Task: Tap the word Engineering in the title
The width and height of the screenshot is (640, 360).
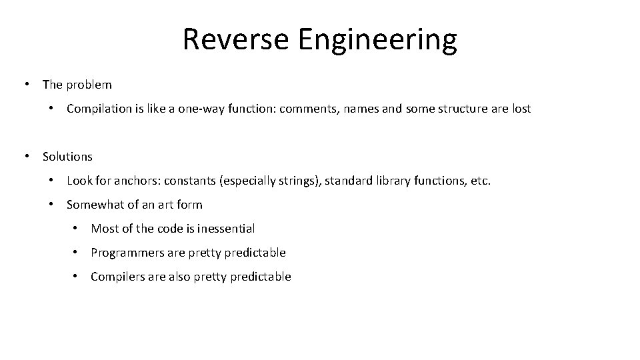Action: (377, 41)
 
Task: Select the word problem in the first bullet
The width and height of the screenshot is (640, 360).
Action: (89, 85)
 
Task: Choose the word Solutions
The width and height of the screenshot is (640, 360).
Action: (67, 157)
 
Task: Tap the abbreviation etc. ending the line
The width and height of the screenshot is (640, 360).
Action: (480, 181)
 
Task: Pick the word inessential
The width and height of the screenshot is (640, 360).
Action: (225, 229)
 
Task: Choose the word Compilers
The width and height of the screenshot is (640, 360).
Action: (115, 277)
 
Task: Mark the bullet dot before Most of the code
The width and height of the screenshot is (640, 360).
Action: (77, 229)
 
